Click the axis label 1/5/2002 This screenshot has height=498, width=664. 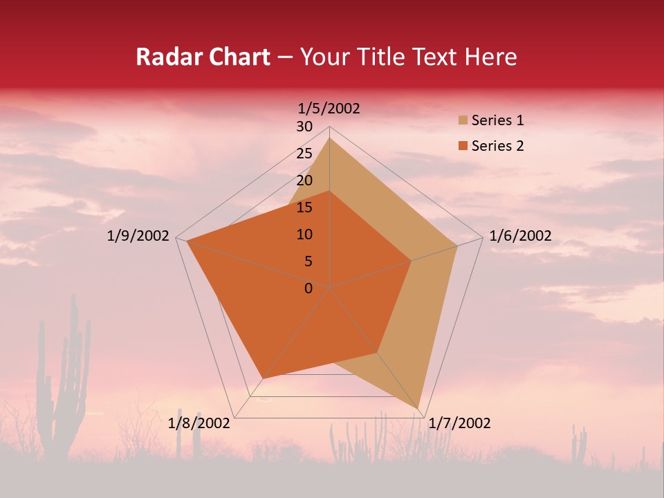[329, 108]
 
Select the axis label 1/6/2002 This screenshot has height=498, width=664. [520, 236]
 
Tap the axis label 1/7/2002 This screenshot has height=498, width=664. [459, 423]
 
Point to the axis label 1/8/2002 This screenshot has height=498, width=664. [199, 423]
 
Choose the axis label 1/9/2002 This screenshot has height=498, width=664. [138, 236]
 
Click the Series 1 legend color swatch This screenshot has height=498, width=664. [463, 120]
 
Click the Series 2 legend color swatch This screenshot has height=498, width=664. [463, 146]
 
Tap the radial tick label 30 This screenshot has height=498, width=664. [304, 127]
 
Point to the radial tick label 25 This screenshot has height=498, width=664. [304, 154]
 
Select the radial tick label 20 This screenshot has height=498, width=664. [304, 181]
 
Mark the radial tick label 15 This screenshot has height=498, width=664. [304, 207]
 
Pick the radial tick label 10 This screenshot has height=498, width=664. [304, 234]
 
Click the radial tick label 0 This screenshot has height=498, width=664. [308, 288]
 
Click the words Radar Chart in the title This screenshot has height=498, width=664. [203, 57]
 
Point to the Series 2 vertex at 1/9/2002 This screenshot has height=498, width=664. [187, 241]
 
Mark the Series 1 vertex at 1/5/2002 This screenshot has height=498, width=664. [330, 138]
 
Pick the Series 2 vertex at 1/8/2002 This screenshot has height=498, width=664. [262, 378]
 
